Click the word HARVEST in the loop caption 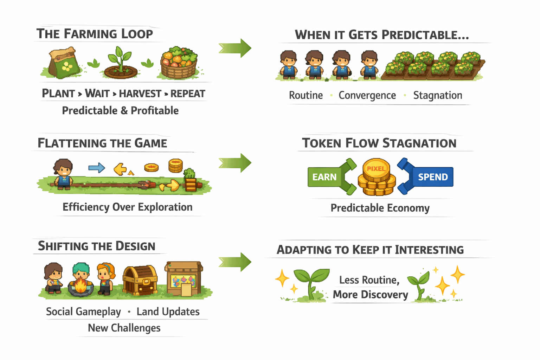pos(140,94)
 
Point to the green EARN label pos(324,177)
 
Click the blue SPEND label pos(433,177)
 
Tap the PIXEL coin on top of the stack pos(376,169)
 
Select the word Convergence pos(367,95)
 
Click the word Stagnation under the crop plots pos(438,95)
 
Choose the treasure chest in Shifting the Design pos(140,280)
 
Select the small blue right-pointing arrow pos(97,168)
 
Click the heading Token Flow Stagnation pos(379,143)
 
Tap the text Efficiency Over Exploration pos(127,207)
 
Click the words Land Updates pos(168,311)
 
